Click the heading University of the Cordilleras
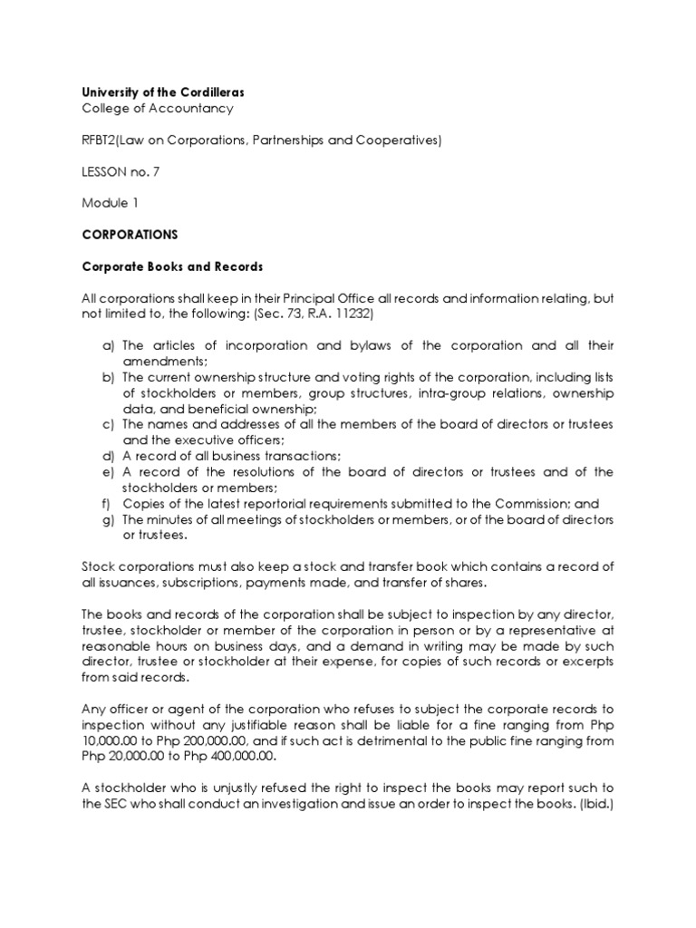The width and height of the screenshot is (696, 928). (x=163, y=92)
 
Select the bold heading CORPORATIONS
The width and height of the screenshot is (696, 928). (x=130, y=235)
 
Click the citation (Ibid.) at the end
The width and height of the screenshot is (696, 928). (x=593, y=804)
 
